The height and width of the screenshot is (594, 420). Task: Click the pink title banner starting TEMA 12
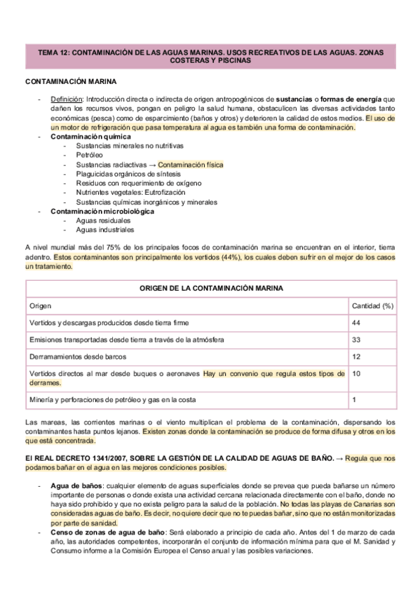coord(210,56)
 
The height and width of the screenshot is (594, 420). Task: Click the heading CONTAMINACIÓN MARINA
coord(66,82)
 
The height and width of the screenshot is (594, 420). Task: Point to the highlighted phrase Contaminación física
coord(190,165)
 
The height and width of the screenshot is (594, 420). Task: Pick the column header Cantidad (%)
coord(372,305)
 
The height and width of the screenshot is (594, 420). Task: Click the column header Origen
coord(40,305)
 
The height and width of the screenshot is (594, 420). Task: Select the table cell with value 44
coord(355,322)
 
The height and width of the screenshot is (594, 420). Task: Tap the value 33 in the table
coord(355,340)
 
